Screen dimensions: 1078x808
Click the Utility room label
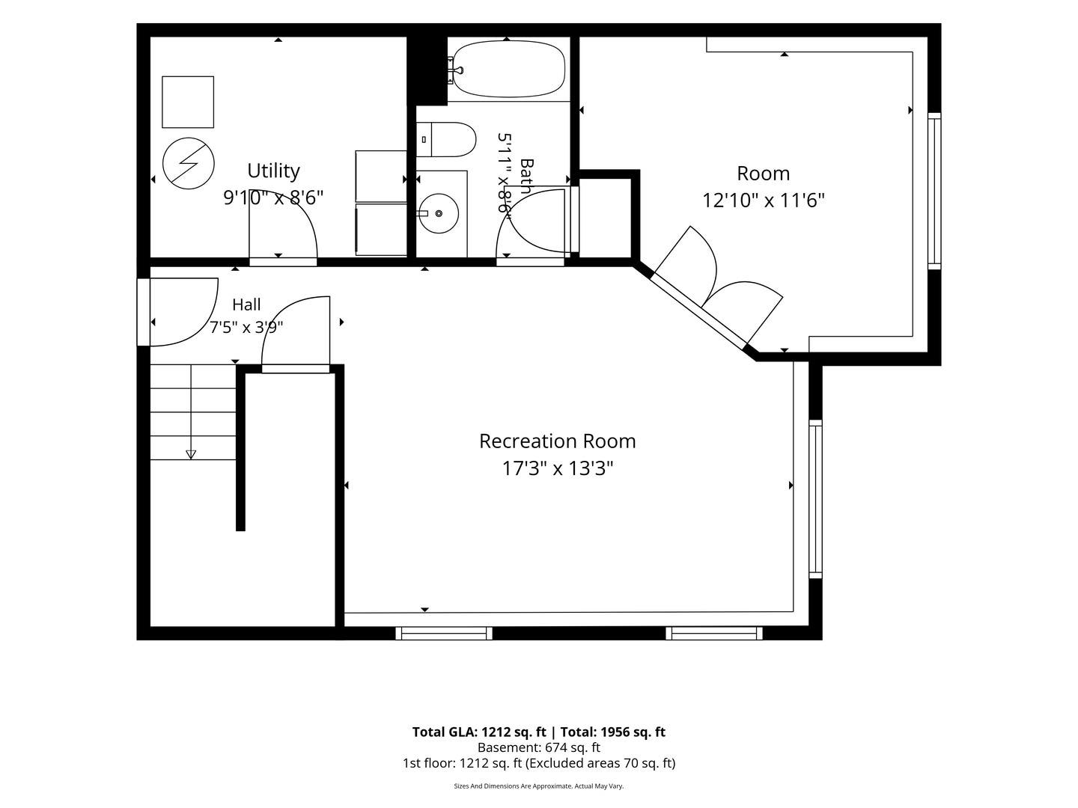click(x=273, y=171)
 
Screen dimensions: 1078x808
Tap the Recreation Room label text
click(x=558, y=441)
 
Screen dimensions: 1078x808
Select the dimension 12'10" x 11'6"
click(x=763, y=201)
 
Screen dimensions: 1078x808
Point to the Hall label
click(x=246, y=304)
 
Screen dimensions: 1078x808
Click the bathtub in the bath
click(x=508, y=69)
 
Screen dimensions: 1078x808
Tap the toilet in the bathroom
click(x=446, y=139)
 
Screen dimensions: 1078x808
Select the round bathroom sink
click(x=439, y=213)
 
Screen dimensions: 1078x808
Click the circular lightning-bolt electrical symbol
click(x=188, y=163)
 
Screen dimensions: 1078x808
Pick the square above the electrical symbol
click(x=188, y=102)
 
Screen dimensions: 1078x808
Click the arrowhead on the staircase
click(x=191, y=454)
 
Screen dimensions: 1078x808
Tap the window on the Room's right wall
click(x=934, y=191)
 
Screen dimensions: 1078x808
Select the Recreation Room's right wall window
click(x=815, y=499)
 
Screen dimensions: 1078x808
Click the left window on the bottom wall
click(x=444, y=634)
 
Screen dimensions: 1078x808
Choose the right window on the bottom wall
click(x=714, y=634)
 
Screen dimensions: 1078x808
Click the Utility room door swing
click(x=284, y=227)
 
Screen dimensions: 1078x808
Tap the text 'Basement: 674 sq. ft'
click(x=539, y=747)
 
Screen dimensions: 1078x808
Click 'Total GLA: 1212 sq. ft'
click(x=479, y=732)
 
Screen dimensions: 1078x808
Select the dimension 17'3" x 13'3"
click(x=558, y=468)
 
